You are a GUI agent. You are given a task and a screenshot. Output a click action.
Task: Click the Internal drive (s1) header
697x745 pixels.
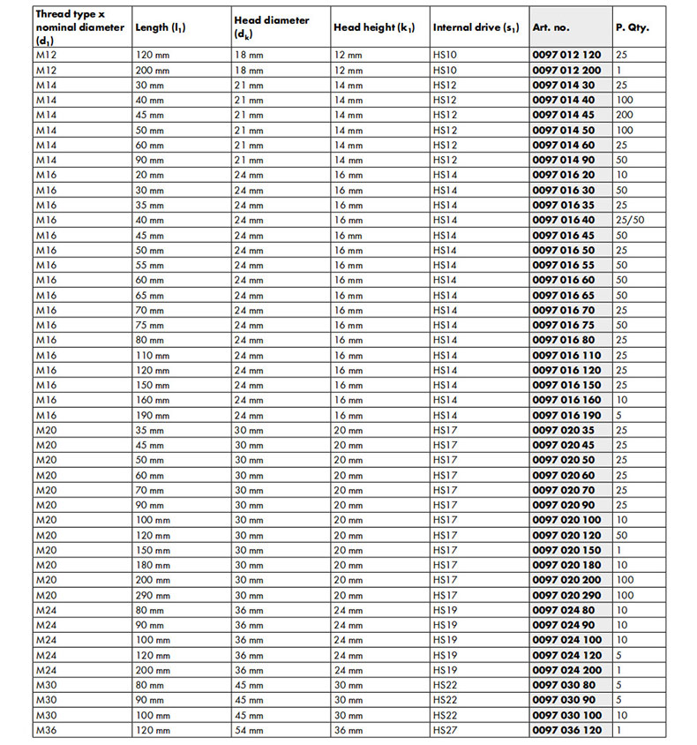476,27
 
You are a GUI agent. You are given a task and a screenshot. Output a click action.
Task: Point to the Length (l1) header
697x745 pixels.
160,27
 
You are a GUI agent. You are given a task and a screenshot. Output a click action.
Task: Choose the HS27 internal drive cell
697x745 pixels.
446,730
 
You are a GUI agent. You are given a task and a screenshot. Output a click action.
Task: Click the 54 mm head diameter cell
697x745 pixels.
249,730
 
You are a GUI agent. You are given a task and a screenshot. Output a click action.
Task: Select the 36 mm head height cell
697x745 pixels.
348,730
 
